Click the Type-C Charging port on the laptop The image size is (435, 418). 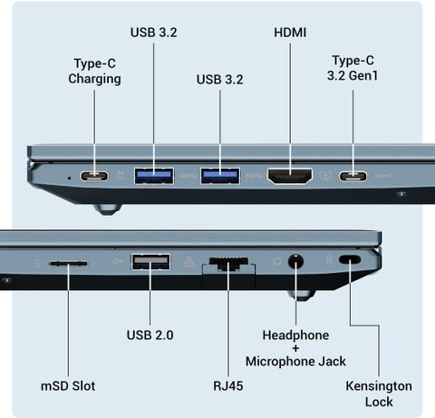[94, 176]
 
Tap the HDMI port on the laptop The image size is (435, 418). [290, 176]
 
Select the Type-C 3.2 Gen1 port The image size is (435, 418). [353, 176]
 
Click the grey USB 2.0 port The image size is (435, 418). [150, 262]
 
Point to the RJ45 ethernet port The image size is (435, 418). [228, 264]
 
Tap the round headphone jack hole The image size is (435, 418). [295, 261]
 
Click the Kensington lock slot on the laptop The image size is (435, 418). [350, 259]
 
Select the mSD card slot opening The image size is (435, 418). [68, 264]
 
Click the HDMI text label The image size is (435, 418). [290, 33]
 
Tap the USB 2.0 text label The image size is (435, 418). [150, 335]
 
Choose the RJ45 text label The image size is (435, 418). [228, 385]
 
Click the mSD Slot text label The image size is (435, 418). [68, 386]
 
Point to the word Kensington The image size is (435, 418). [379, 386]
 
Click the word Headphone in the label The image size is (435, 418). [295, 335]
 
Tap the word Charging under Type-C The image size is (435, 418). [94, 79]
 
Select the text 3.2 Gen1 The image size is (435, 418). [353, 75]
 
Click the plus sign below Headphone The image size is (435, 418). [295, 348]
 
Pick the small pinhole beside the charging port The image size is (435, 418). [70, 178]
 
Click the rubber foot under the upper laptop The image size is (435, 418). [108, 209]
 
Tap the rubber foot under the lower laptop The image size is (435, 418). [301, 295]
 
